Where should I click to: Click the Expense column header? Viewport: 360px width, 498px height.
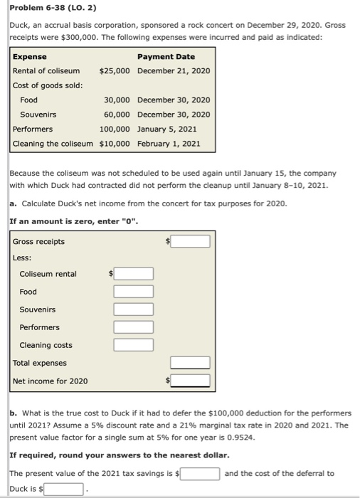[x=30, y=56]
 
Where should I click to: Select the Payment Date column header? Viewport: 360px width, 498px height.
[x=166, y=56]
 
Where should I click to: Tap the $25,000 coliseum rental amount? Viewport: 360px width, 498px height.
[x=115, y=71]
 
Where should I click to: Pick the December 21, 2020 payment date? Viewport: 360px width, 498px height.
[x=174, y=71]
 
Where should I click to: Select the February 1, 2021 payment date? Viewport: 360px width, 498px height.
[x=169, y=144]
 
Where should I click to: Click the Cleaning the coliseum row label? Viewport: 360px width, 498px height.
[x=53, y=144]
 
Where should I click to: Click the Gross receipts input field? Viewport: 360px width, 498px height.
[x=190, y=242]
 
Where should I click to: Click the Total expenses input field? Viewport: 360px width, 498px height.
[x=190, y=363]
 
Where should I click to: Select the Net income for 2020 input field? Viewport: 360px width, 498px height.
[x=190, y=381]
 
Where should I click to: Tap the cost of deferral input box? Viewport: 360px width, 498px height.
[x=65, y=489]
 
